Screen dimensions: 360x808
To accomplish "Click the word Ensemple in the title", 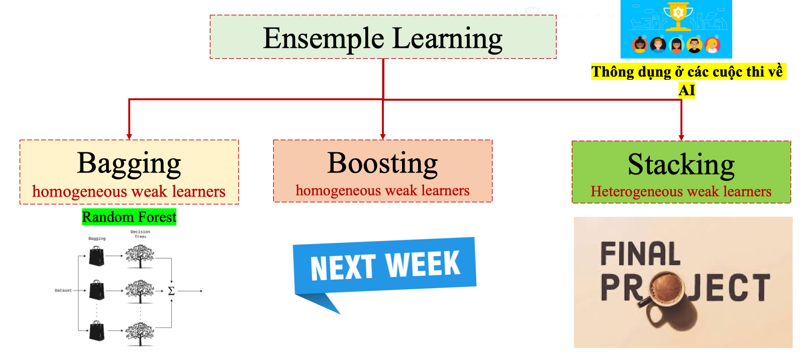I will click(x=324, y=39).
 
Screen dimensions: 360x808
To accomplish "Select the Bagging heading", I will click(x=129, y=163).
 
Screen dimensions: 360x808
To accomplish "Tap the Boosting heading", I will click(x=382, y=163).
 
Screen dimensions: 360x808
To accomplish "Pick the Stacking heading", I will click(x=681, y=164).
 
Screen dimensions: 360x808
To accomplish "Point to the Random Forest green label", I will click(x=129, y=217).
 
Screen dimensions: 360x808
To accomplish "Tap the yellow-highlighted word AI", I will click(x=686, y=91).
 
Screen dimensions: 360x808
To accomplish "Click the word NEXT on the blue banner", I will click(x=343, y=267).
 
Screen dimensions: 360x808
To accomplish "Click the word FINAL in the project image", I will click(x=640, y=254).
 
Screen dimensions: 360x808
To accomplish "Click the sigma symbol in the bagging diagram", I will click(x=171, y=291).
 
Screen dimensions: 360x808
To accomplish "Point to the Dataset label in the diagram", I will click(x=63, y=291).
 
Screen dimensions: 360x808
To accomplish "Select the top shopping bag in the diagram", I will click(x=96, y=256).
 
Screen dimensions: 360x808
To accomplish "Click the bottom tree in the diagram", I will click(x=140, y=333).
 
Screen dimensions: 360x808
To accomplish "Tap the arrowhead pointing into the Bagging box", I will click(x=129, y=137).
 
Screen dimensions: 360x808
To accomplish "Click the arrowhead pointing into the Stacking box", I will click(x=681, y=138).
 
